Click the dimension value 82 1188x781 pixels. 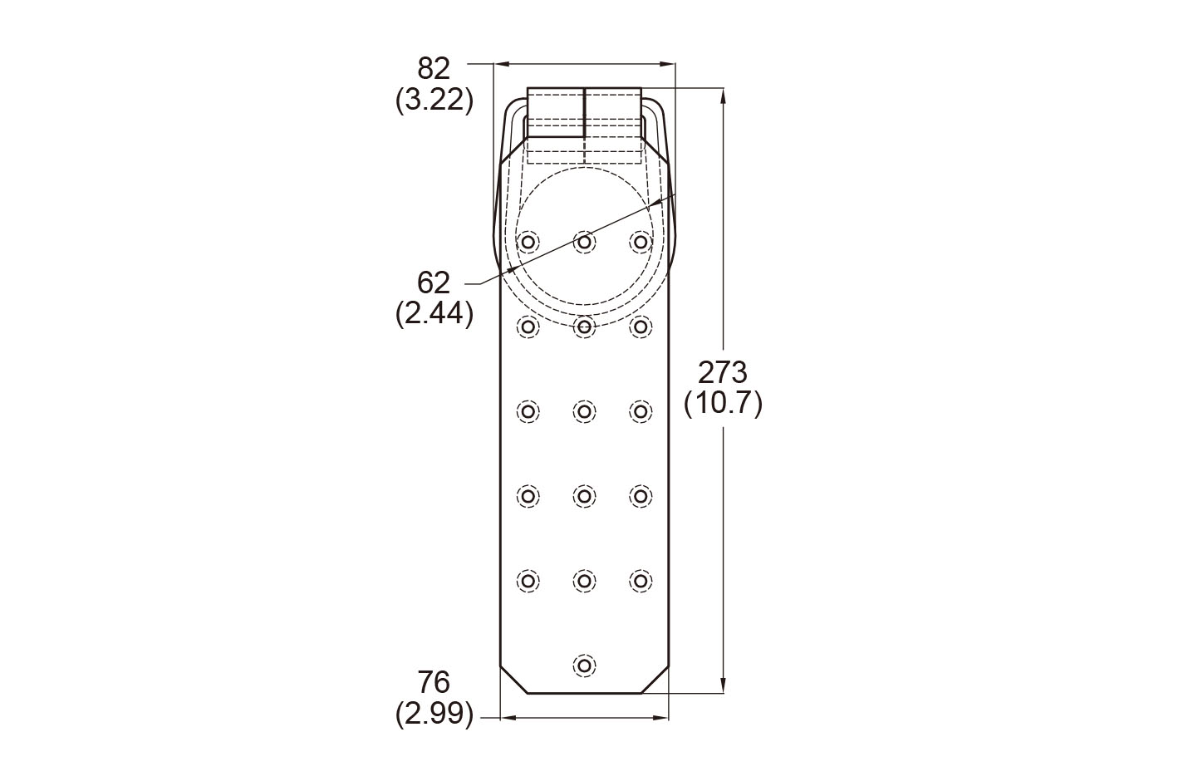coord(434,68)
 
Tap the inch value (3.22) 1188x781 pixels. coord(434,99)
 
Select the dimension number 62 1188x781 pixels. coord(434,282)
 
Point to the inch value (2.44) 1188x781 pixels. coord(434,313)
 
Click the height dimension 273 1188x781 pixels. coord(722,372)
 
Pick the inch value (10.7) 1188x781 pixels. coord(723,404)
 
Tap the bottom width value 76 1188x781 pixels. coord(434,682)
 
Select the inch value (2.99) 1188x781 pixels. coord(434,714)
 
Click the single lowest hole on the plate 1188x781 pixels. coord(584,665)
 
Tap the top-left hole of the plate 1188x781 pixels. coord(528,242)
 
